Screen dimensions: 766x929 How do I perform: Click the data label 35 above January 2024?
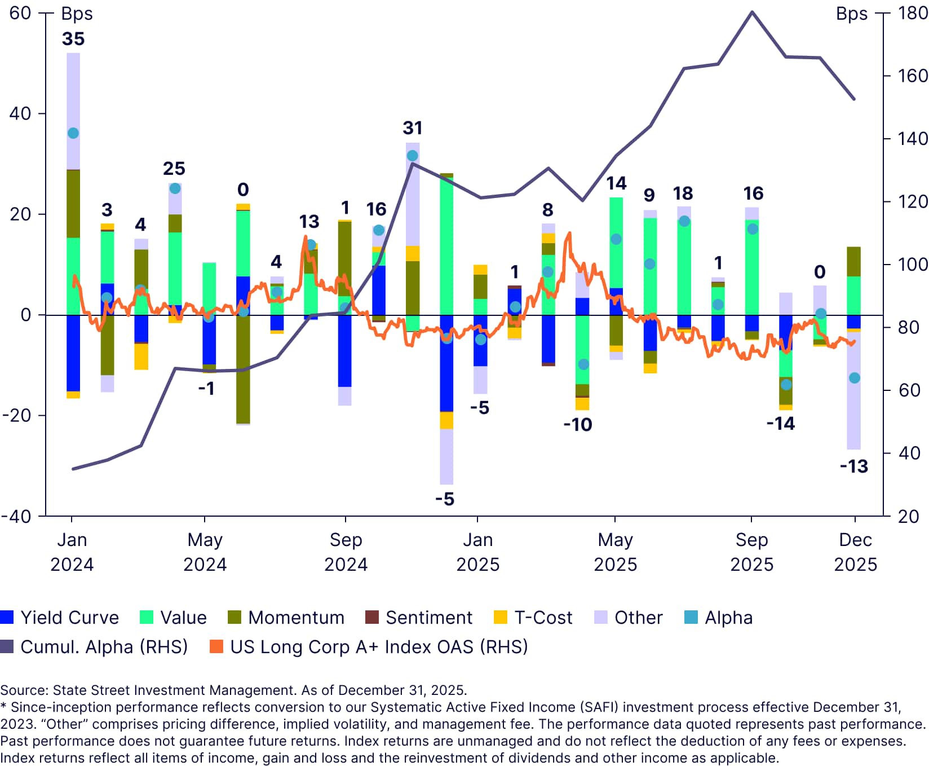click(73, 39)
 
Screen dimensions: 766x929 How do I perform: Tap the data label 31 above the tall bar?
click(413, 128)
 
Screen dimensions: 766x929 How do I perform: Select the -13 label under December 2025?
click(854, 466)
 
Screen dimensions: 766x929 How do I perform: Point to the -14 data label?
click(781, 424)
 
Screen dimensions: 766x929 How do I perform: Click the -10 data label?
click(578, 425)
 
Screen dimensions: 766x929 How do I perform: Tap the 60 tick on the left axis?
click(20, 13)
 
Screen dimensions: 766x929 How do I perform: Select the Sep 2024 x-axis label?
click(346, 552)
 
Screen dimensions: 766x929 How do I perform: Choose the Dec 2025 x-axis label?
click(855, 552)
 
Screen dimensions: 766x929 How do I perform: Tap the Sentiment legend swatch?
click(372, 617)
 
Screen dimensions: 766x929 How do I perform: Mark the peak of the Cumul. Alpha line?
click(752, 12)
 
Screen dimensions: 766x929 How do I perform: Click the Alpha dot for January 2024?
click(73, 133)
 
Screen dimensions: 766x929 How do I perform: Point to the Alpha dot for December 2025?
click(855, 378)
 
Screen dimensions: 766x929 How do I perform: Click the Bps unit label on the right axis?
click(852, 14)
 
